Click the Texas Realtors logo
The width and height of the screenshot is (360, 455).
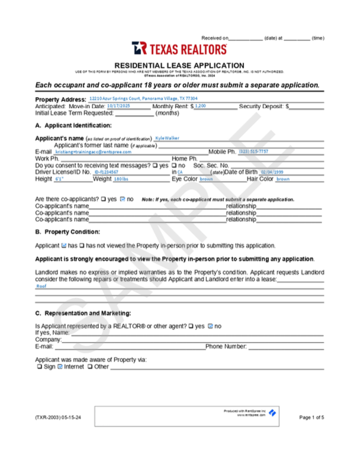click(x=179, y=49)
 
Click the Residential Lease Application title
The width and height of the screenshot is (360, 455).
click(x=179, y=65)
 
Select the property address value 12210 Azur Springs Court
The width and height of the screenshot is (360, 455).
click(x=143, y=98)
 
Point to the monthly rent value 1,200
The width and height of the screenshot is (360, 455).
click(x=201, y=105)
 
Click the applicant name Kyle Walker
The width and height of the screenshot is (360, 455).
click(x=167, y=138)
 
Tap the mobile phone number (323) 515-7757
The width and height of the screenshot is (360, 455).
click(x=253, y=151)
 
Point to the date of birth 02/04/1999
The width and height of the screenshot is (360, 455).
click(x=272, y=172)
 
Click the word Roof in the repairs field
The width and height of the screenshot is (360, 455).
click(x=41, y=286)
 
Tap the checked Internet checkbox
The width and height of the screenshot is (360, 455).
click(x=60, y=367)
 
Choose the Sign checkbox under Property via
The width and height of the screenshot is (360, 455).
click(x=38, y=367)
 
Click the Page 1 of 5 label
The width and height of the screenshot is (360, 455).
click(x=311, y=418)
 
